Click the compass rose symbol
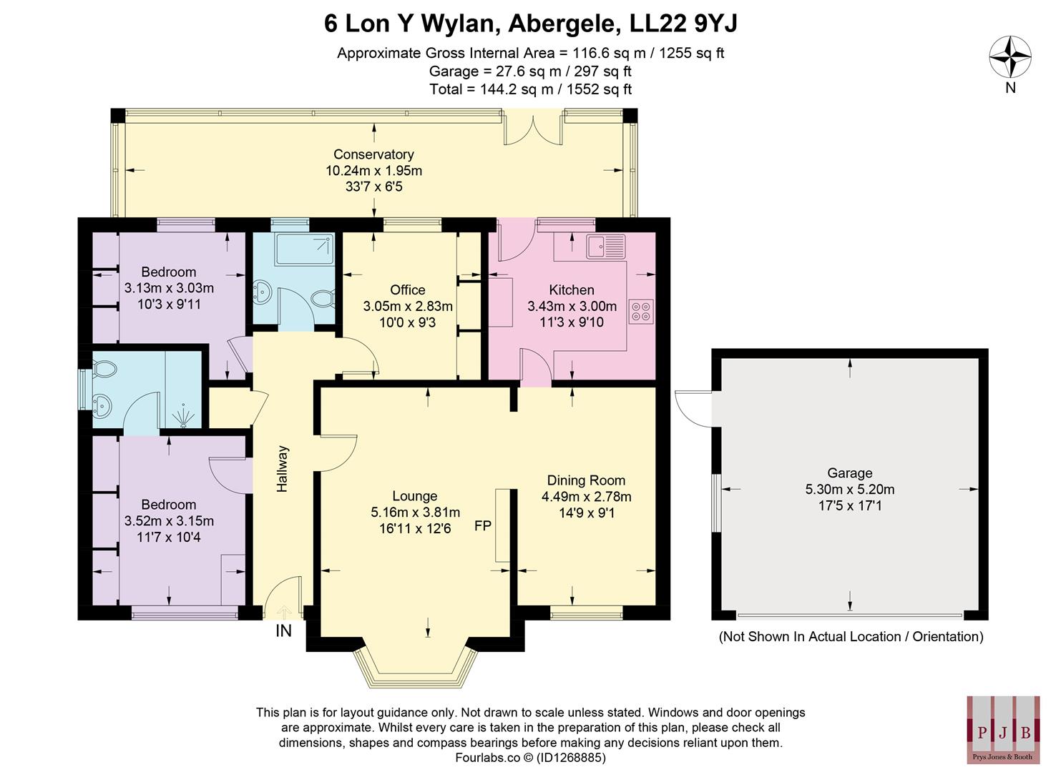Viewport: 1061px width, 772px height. pos(1009,58)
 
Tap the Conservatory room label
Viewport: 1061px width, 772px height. pos(373,154)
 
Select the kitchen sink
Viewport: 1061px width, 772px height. pos(605,246)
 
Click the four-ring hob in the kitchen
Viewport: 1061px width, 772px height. pos(640,311)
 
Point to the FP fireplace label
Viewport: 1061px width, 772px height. pos(483,526)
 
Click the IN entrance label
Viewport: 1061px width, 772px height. pos(283,631)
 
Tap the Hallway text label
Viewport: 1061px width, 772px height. pos(283,469)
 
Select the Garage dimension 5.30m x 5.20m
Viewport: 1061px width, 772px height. pos(849,490)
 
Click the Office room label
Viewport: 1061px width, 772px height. pos(407,289)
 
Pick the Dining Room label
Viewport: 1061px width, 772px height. pos(586,480)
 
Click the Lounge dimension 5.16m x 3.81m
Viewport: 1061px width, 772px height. pos(415,513)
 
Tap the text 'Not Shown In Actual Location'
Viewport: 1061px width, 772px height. pos(808,636)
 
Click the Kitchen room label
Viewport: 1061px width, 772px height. pos(571,289)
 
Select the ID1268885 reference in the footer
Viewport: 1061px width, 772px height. pos(569,758)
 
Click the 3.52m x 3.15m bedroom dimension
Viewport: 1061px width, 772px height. pos(169,521)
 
